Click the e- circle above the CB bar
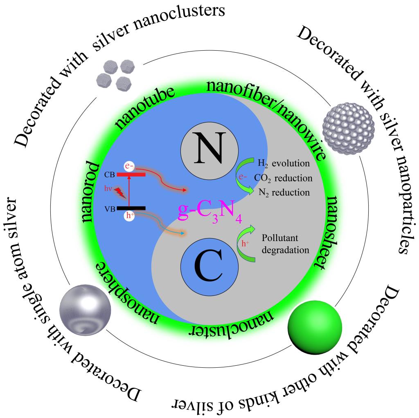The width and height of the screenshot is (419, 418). pyautogui.click(x=129, y=166)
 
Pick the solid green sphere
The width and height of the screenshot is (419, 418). pyautogui.click(x=315, y=327)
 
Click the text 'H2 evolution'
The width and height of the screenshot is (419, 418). pyautogui.click(x=283, y=164)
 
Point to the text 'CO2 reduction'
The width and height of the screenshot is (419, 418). pyautogui.click(x=283, y=178)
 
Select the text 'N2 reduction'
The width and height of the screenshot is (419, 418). pyautogui.click(x=283, y=192)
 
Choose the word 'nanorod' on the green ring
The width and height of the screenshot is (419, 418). pyautogui.click(x=92, y=192)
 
